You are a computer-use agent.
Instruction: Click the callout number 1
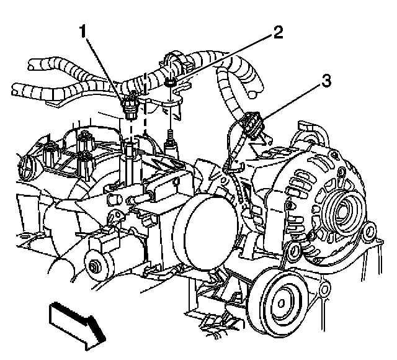click(x=82, y=32)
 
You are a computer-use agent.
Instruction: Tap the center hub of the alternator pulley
click(x=341, y=214)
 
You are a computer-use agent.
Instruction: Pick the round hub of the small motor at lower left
click(x=95, y=267)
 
